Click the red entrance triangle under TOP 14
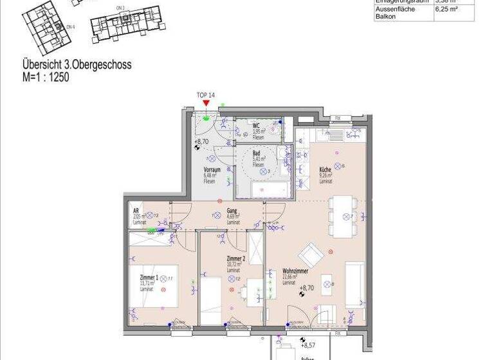206,103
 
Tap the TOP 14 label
206,95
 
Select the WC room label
256,126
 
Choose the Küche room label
325,169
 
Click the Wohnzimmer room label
293,272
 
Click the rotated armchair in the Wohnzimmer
312,255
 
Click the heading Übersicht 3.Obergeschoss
77,65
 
